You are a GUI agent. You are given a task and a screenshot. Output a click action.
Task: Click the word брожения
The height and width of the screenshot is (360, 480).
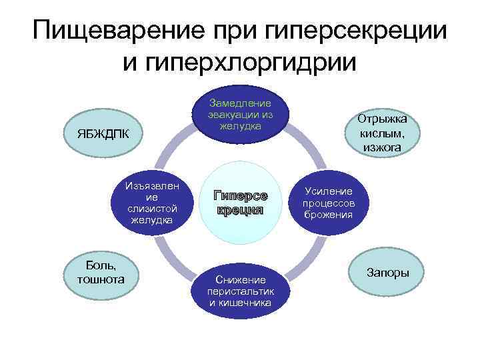click(329, 215)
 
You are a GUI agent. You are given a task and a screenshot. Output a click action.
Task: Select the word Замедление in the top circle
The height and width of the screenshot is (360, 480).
click(240, 103)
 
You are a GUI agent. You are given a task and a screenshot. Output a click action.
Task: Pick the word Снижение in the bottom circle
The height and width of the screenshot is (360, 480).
click(240, 280)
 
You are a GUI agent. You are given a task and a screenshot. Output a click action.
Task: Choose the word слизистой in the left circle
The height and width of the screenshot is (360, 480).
click(151, 209)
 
